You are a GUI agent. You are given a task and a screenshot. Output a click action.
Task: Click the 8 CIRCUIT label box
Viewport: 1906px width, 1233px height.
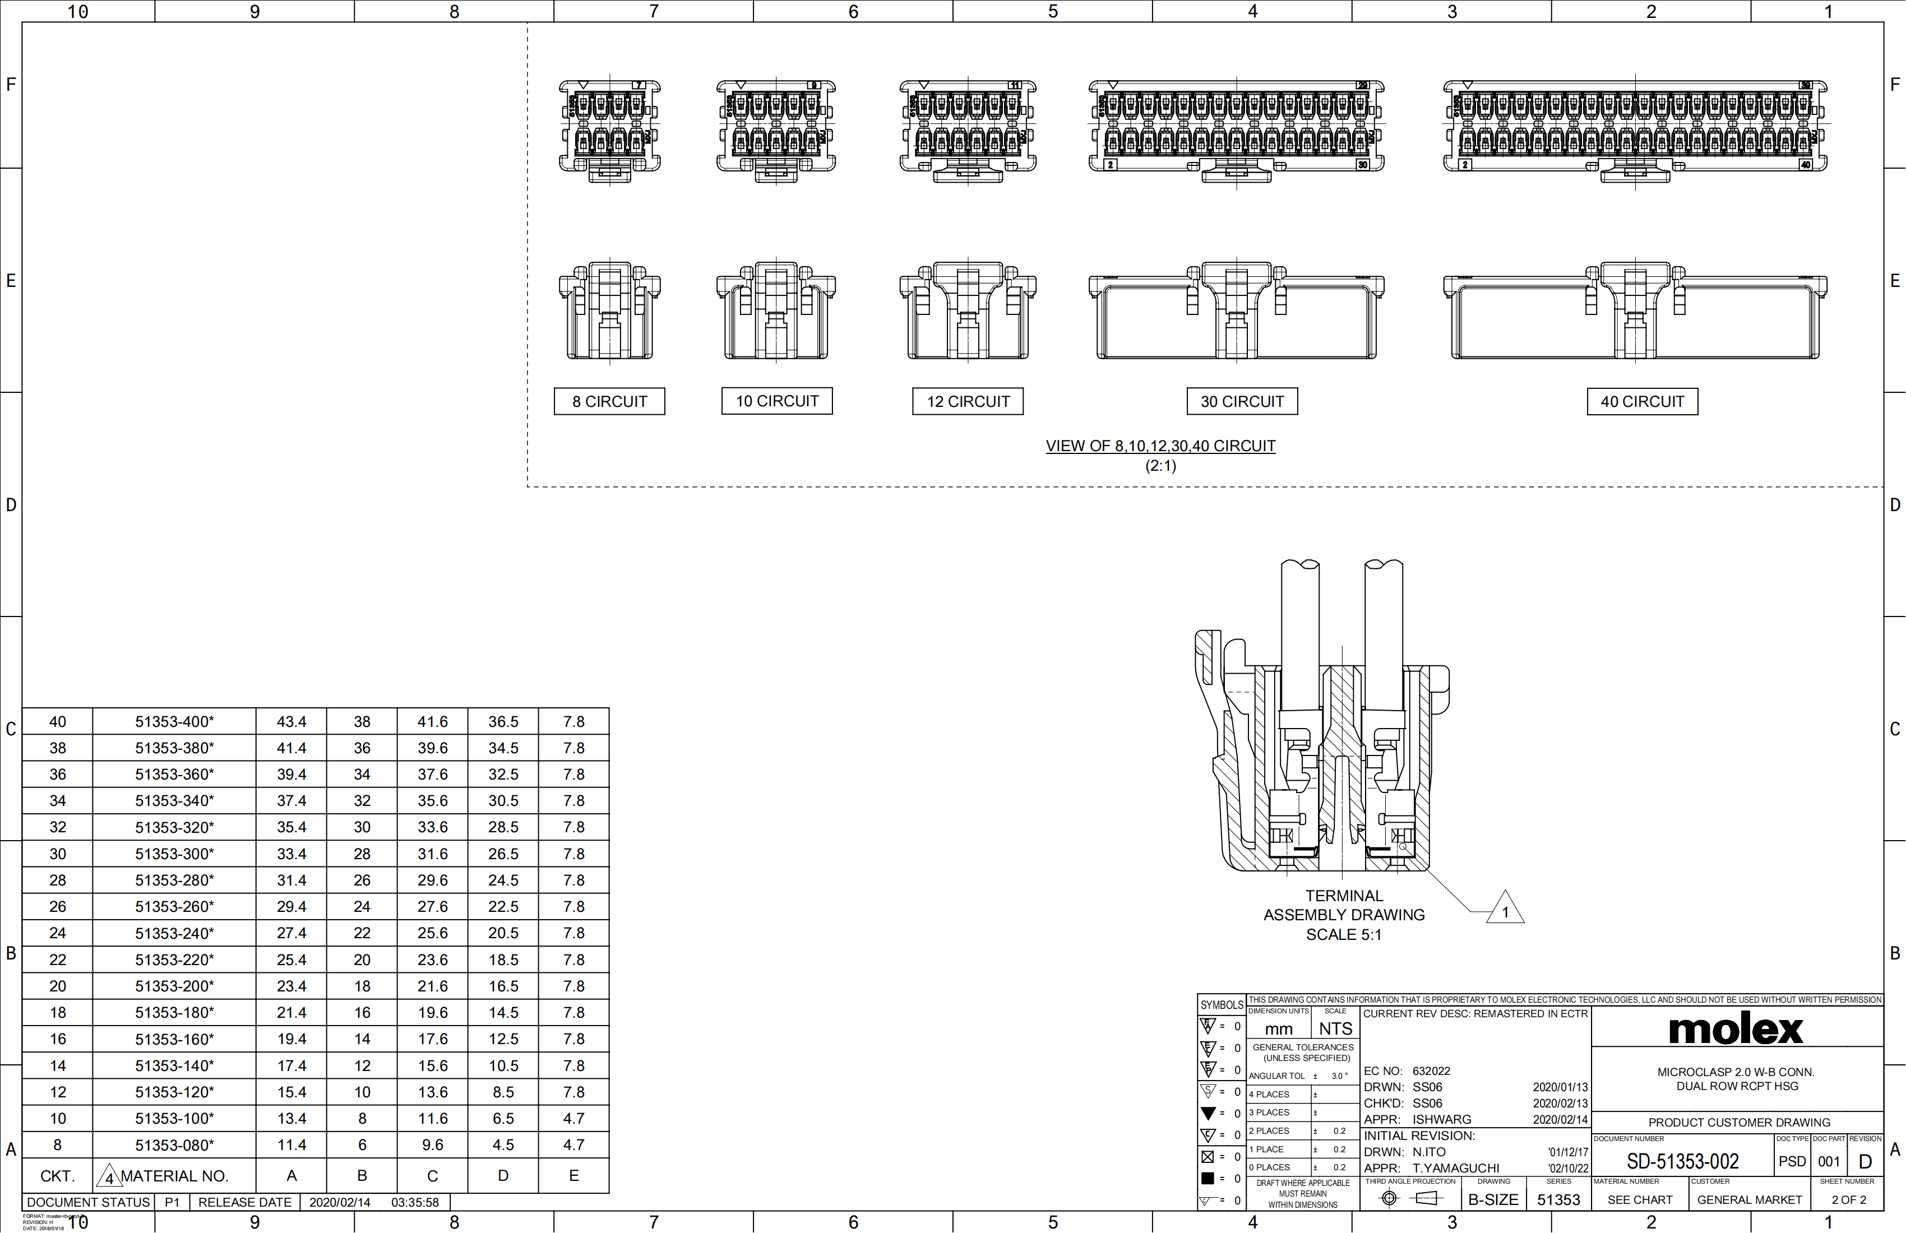coord(609,402)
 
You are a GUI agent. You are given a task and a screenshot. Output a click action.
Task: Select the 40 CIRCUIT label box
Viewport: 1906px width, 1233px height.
coord(1642,402)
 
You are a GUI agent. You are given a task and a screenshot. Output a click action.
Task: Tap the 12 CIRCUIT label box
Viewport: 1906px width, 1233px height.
coord(968,402)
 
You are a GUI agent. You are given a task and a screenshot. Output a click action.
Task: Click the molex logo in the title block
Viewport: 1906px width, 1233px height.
coord(1736,1030)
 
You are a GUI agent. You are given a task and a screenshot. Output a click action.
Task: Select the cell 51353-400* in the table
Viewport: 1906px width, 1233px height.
coord(174,721)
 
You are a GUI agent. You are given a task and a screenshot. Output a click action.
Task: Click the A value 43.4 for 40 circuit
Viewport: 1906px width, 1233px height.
coord(292,721)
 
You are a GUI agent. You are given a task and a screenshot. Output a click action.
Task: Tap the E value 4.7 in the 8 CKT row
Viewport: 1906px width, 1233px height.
coord(573,1145)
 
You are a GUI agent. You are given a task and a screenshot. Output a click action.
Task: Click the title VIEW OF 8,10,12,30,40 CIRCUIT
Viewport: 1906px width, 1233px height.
coord(1160,446)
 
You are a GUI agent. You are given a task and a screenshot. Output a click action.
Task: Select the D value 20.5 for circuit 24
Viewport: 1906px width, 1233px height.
coord(503,933)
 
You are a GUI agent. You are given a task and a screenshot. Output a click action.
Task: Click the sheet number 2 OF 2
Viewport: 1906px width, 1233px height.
coord(1848,1200)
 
